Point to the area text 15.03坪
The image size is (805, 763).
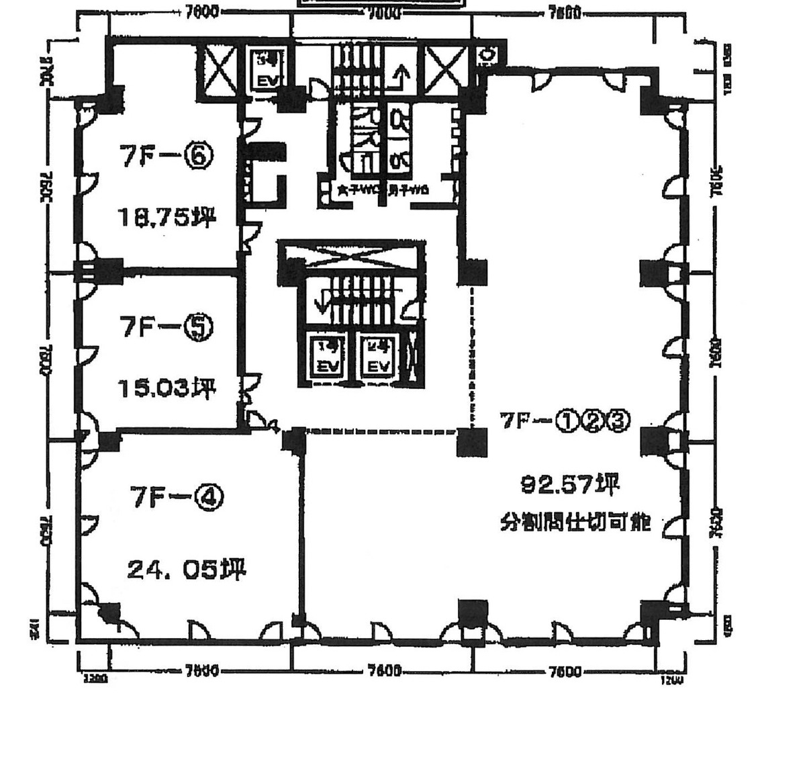point(165,388)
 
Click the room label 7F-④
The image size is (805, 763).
point(176,497)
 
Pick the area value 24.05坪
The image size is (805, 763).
point(187,570)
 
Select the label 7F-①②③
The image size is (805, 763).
point(564,420)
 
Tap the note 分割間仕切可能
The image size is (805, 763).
point(575,522)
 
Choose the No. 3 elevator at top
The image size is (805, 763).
point(267,70)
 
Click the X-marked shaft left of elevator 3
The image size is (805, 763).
point(219,69)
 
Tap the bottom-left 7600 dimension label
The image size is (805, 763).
point(201,670)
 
